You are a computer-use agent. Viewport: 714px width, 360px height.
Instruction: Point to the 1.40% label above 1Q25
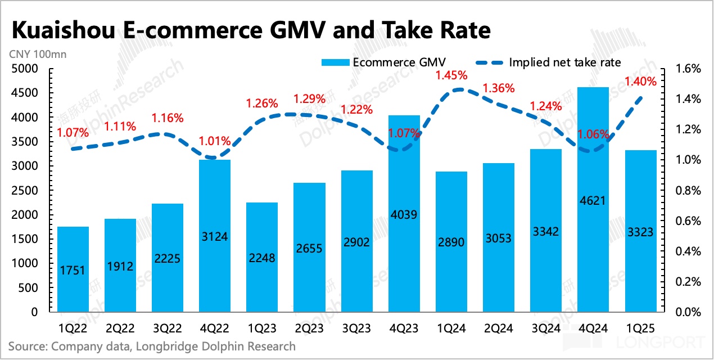640,82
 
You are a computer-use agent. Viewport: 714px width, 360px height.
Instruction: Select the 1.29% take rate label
310,99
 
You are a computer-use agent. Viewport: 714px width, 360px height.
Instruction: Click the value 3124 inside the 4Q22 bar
215,236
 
